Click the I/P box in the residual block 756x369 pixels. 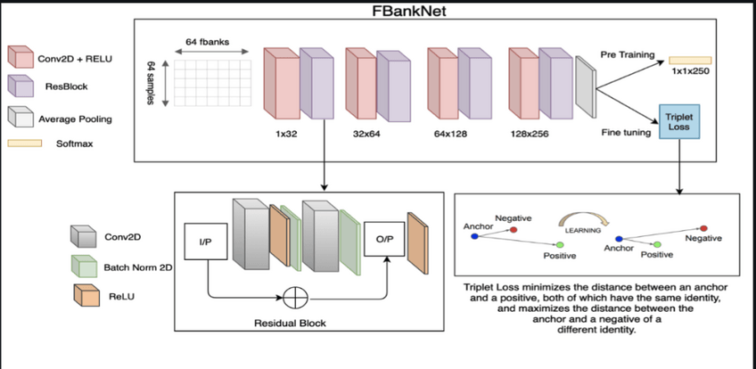pyautogui.click(x=204, y=240)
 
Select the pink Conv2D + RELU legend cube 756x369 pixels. pyautogui.click(x=18, y=59)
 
